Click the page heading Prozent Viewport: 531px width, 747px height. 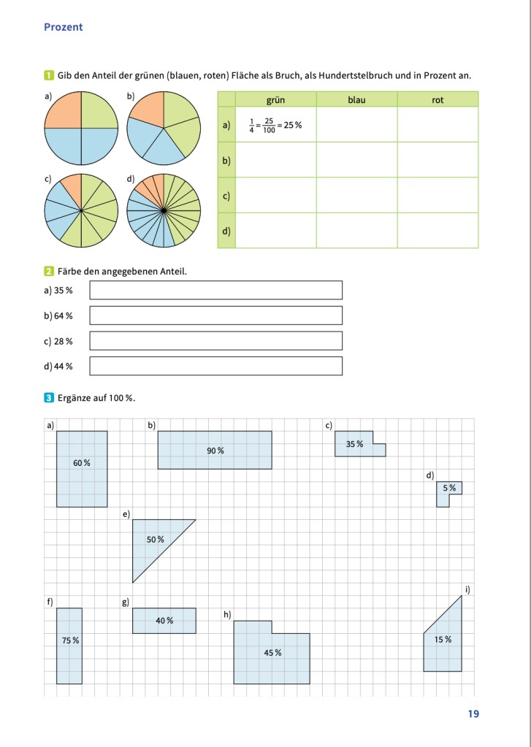(x=64, y=27)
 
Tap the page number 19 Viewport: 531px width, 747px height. (x=473, y=713)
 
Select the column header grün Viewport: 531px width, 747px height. (x=275, y=99)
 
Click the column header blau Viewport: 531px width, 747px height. (x=356, y=99)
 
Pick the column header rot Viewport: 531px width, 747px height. (x=438, y=99)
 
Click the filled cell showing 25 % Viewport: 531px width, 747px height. (x=275, y=125)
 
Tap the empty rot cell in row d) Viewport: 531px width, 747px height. (x=438, y=231)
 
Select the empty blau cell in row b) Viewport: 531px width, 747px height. (x=356, y=160)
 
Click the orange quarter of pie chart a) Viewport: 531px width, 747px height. (x=64, y=110)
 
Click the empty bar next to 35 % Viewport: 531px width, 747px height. (x=215, y=290)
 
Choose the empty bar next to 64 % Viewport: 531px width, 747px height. (x=215, y=315)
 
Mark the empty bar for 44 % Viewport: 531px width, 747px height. (x=215, y=366)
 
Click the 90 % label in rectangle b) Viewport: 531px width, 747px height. (x=215, y=451)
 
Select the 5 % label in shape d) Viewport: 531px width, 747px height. (x=449, y=487)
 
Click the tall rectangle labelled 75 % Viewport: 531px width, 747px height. (x=69, y=646)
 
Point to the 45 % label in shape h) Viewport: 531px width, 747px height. (x=272, y=652)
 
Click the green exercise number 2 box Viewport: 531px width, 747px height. (x=48, y=272)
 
